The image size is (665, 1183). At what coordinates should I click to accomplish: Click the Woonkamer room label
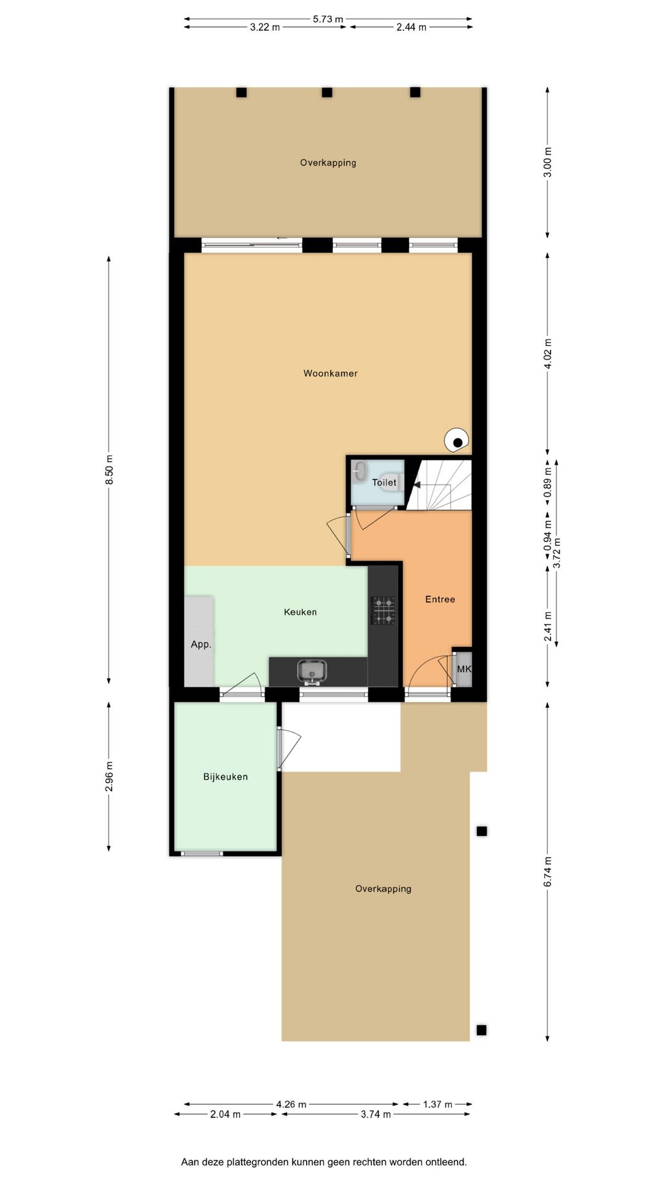[330, 373]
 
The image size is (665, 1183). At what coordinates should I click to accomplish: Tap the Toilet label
[384, 482]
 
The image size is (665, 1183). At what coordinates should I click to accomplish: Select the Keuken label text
[300, 612]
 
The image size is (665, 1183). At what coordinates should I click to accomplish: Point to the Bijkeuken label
[225, 777]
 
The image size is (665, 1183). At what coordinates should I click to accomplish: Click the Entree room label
[440, 599]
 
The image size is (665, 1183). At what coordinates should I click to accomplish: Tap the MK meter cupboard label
[464, 669]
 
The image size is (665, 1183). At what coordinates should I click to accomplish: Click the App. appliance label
[201, 644]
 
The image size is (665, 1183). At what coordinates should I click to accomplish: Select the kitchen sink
[312, 672]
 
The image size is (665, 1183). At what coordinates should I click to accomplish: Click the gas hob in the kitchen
[383, 610]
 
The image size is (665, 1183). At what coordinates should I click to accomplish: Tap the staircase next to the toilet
[440, 484]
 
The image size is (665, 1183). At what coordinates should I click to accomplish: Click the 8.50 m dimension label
[110, 470]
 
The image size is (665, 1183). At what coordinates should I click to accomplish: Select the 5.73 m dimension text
[328, 19]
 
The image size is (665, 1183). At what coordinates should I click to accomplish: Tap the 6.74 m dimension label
[547, 872]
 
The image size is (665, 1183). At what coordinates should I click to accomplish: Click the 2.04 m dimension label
[225, 1114]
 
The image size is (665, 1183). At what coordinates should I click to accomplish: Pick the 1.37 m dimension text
[437, 1104]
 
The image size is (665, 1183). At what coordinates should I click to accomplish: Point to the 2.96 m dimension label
[110, 776]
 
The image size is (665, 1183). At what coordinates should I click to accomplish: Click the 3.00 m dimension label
[547, 163]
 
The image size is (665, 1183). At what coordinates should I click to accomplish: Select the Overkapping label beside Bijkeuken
[383, 888]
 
